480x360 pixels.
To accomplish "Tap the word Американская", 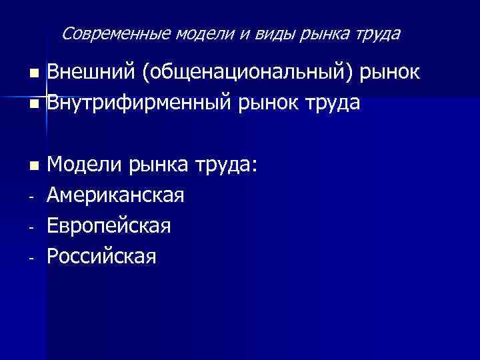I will click(116, 195).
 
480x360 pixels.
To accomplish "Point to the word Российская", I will click(102, 257).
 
